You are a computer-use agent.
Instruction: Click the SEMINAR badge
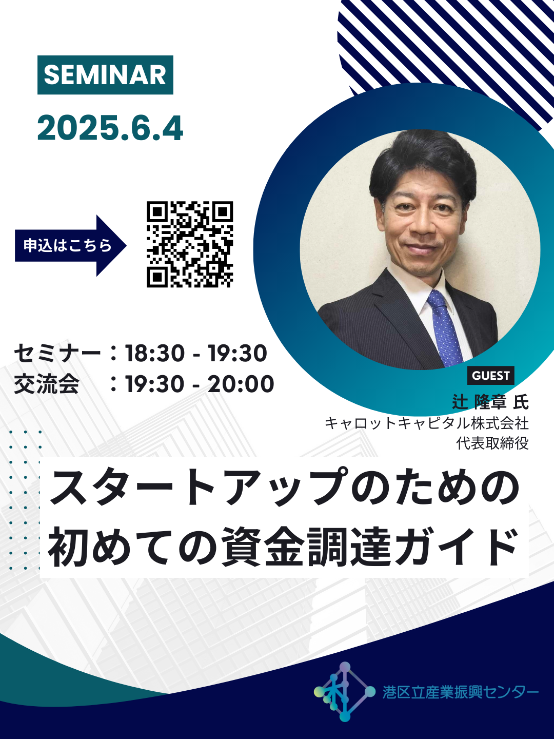point(105,75)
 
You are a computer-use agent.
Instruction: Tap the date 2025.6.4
point(110,129)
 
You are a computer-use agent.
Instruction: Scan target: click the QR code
point(190,244)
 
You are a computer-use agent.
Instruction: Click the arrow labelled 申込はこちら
point(71,245)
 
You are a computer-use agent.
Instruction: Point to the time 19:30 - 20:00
point(200,384)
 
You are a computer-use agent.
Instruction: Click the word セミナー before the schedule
point(57,354)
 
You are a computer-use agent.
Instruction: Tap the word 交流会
point(46,384)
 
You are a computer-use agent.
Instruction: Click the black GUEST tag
point(491,375)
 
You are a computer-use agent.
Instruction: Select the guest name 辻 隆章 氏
point(490,402)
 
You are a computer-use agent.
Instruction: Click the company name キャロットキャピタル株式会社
point(427,423)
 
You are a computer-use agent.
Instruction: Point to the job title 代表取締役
point(492,443)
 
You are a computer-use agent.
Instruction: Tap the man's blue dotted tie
point(444,328)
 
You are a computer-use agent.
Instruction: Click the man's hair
point(423,165)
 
